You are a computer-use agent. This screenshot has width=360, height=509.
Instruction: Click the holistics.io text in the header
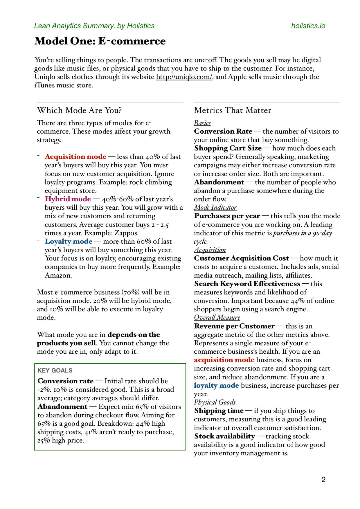tap(308, 26)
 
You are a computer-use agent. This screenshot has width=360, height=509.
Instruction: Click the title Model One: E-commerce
tap(100, 41)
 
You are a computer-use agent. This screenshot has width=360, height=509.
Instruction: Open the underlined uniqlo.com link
tap(184, 77)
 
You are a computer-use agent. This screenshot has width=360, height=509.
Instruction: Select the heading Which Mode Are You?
tap(79, 110)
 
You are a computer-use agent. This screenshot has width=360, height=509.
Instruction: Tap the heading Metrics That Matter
tap(232, 110)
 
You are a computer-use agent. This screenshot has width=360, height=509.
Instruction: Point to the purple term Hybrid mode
tap(68, 199)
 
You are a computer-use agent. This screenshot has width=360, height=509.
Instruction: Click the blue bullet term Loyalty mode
tap(69, 241)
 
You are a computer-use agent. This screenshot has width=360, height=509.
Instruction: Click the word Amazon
tap(58, 275)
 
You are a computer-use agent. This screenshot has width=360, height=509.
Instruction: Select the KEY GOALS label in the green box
tap(55, 370)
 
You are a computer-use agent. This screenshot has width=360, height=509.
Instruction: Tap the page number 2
tap(323, 480)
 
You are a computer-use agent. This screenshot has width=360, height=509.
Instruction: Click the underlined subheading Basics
tap(202, 123)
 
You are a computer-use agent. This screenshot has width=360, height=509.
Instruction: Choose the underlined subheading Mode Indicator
tap(215, 207)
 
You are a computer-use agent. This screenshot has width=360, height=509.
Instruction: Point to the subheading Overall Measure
tap(217, 317)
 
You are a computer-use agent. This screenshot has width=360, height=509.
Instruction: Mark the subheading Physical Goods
tap(215, 402)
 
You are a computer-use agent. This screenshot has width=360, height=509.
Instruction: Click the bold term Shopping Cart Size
tap(228, 148)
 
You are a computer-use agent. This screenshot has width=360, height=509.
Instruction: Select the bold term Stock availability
tap(224, 436)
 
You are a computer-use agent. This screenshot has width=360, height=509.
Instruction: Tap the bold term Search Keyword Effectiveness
tap(247, 284)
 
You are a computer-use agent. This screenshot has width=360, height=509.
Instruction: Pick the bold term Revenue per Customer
tap(234, 326)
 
